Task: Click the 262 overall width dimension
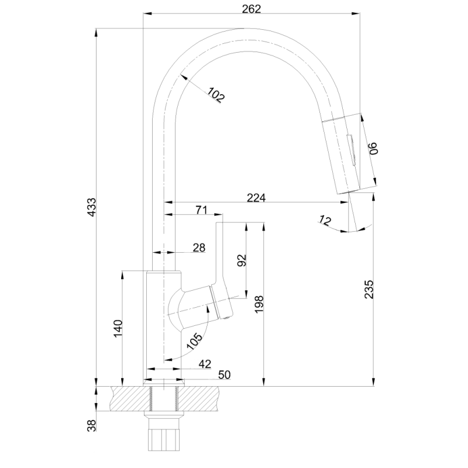tap(251, 9)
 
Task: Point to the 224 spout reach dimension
tap(256, 198)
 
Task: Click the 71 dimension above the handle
tap(201, 209)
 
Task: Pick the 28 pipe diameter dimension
tap(199, 248)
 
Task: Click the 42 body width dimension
tap(204, 364)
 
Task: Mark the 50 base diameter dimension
tap(223, 374)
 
